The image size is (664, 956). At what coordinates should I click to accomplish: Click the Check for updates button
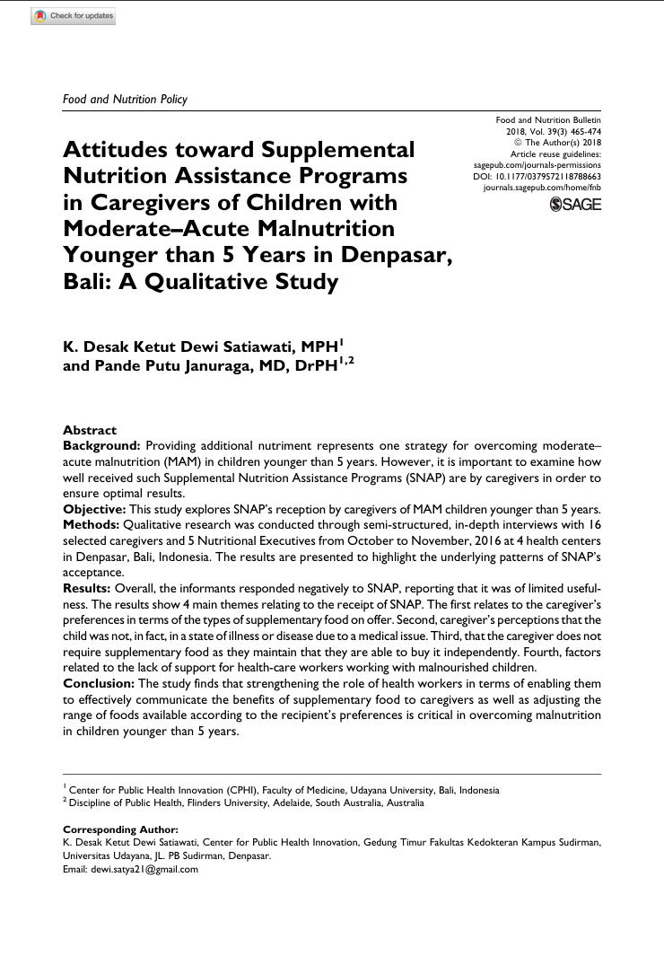click(73, 16)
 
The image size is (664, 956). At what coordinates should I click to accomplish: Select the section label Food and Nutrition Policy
click(125, 99)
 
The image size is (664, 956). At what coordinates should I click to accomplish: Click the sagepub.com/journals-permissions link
click(537, 165)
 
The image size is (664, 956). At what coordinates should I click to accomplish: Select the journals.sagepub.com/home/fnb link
click(542, 189)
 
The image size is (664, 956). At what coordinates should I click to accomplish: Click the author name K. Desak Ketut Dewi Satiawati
click(179, 346)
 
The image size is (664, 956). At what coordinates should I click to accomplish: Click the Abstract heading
click(90, 431)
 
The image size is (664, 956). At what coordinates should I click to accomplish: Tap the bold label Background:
click(101, 445)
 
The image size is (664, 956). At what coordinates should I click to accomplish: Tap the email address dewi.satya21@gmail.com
click(144, 869)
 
